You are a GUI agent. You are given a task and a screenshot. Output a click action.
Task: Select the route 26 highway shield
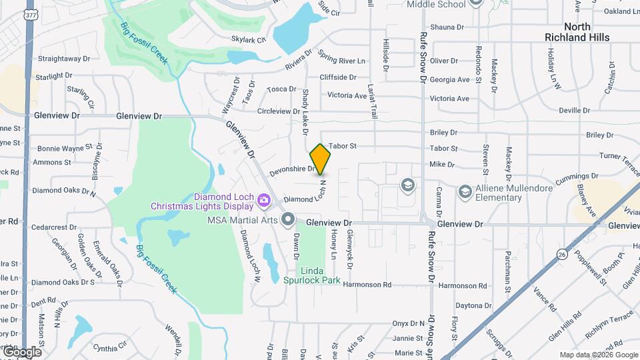click(563, 253)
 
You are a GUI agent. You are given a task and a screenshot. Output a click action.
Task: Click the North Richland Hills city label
click(577, 32)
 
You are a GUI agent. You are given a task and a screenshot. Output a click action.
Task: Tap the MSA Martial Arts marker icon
click(288, 219)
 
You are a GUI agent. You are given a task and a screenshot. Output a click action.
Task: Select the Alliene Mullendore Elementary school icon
click(465, 193)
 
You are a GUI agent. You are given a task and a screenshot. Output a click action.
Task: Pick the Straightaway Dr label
click(63, 59)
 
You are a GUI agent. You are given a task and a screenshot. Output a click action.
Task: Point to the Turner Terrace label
click(619, 156)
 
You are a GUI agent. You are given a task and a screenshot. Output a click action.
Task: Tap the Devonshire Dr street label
click(292, 170)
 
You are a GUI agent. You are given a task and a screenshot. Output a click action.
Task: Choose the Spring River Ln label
click(342, 61)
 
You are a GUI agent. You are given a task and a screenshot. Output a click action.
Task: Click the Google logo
click(21, 352)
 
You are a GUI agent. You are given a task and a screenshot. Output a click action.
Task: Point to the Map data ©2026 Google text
click(598, 355)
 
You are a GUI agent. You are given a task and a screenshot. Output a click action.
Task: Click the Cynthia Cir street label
click(110, 347)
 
